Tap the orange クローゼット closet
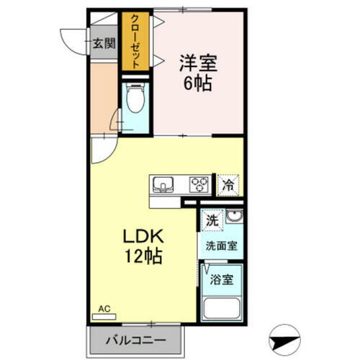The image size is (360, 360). (x=134, y=41)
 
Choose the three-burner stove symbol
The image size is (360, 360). (x=199, y=184)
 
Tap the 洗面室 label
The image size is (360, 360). (x=221, y=245)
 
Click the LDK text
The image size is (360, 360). (x=143, y=235)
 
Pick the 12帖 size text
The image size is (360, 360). (x=143, y=255)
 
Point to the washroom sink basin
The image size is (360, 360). (x=234, y=217)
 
